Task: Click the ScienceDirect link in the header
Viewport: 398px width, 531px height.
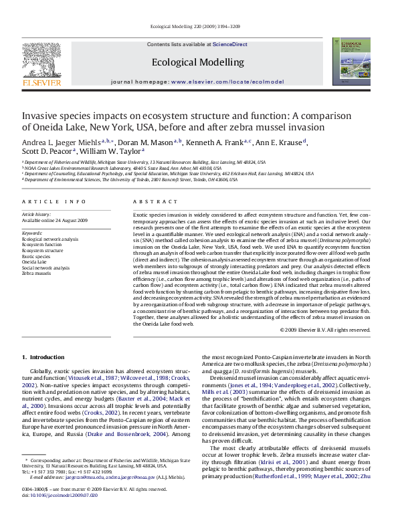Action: (230, 44)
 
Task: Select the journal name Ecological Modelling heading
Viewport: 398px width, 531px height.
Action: (198, 62)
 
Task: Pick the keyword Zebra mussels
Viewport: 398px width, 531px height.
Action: (37, 274)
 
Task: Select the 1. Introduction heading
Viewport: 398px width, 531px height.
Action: (43, 358)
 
